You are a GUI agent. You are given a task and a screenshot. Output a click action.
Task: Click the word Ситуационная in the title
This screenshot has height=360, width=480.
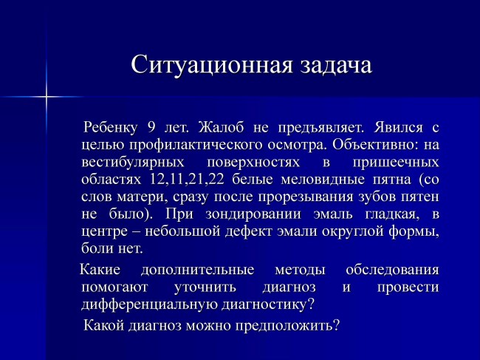click(x=212, y=64)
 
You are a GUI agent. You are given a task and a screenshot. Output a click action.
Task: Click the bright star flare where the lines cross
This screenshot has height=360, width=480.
click(x=47, y=97)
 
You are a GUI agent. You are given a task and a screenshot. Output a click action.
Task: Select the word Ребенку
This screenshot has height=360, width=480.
click(x=111, y=127)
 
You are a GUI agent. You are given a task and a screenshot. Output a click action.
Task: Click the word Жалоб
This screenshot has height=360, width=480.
click(x=221, y=127)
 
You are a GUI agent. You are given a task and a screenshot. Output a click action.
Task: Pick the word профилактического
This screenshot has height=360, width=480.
click(x=195, y=145)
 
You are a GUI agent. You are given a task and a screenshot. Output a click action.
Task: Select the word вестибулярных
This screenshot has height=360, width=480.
click(x=133, y=163)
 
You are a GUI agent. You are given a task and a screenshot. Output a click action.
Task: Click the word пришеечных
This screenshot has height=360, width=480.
click(x=396, y=163)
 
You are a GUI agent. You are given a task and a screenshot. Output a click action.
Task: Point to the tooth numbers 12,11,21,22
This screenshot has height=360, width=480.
click(x=187, y=180)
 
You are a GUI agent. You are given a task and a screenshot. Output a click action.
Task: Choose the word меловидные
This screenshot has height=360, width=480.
click(x=323, y=180)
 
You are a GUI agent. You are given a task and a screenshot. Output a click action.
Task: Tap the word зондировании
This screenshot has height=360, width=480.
click(x=253, y=214)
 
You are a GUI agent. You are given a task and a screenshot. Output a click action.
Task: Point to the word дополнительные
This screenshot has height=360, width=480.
click(x=197, y=271)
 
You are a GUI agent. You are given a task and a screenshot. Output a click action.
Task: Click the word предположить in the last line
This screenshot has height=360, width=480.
click(x=287, y=325)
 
